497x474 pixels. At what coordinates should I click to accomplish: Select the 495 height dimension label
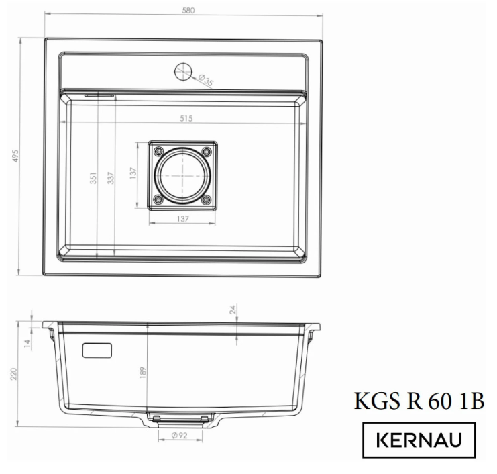pyautogui.click(x=15, y=156)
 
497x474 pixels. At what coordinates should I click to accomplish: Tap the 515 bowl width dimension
pyautogui.click(x=186, y=119)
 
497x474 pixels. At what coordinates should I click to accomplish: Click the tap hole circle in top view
pyautogui.click(x=183, y=72)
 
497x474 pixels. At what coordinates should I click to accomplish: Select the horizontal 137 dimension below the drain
pyautogui.click(x=182, y=219)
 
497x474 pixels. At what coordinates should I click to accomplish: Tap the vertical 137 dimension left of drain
pyautogui.click(x=133, y=175)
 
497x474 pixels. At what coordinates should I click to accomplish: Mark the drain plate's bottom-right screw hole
pyautogui.click(x=207, y=199)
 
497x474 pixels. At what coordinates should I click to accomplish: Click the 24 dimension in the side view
pyautogui.click(x=233, y=310)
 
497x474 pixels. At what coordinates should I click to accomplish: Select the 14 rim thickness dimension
pyautogui.click(x=27, y=343)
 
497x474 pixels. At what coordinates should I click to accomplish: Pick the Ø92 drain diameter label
pyautogui.click(x=178, y=436)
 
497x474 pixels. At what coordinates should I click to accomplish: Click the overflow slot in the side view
pyautogui.click(x=97, y=350)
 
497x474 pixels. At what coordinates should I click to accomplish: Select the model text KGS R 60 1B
pyautogui.click(x=419, y=401)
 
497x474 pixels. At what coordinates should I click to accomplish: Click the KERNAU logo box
pyautogui.click(x=419, y=440)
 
